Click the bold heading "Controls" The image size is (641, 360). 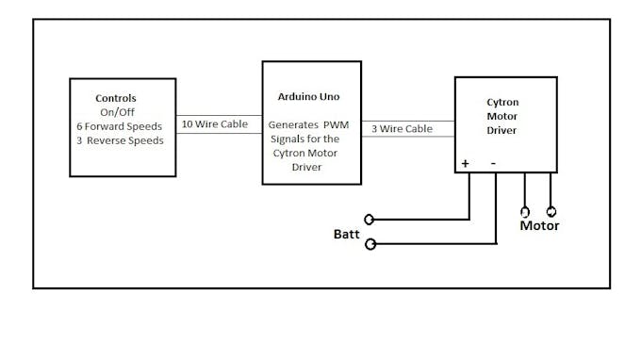click(x=116, y=98)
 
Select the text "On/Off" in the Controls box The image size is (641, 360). click(x=117, y=111)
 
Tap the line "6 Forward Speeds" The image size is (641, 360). click(x=120, y=125)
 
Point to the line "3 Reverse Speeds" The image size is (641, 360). click(x=120, y=139)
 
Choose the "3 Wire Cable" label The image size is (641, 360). click(x=401, y=128)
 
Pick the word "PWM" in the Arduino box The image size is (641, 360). click(x=337, y=124)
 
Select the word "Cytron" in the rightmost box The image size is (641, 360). click(x=501, y=102)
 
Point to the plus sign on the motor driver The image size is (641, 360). click(x=465, y=163)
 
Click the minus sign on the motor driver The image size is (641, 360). click(x=493, y=163)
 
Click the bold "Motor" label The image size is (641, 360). click(x=539, y=225)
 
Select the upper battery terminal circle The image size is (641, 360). click(x=370, y=220)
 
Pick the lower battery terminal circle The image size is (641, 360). click(x=370, y=244)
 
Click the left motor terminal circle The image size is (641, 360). click(x=525, y=212)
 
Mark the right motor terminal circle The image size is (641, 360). click(x=551, y=212)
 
